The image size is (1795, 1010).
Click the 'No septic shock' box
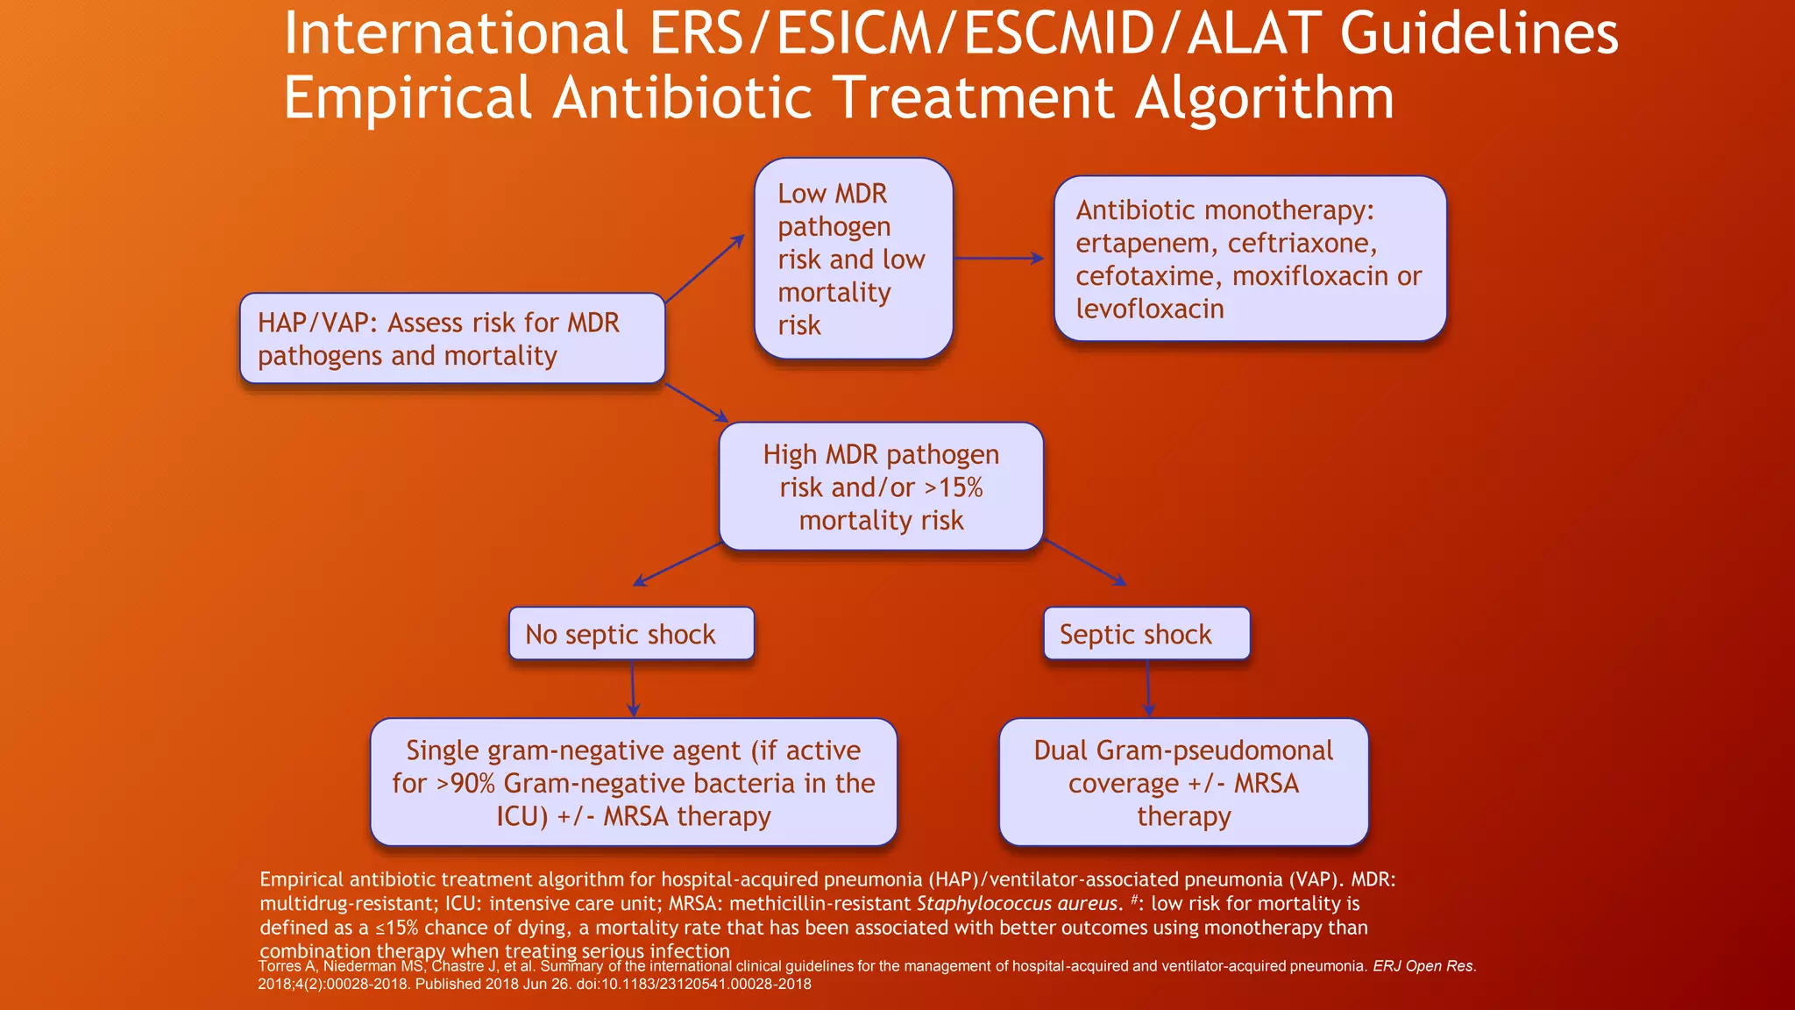(x=631, y=633)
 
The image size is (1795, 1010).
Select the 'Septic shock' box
(x=1146, y=633)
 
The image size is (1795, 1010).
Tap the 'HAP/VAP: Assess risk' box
(x=452, y=338)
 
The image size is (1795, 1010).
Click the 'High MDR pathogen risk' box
(x=881, y=487)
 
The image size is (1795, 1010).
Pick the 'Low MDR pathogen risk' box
(x=853, y=259)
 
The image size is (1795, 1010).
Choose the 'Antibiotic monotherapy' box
(x=1250, y=259)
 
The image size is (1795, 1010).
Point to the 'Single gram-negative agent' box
(x=634, y=782)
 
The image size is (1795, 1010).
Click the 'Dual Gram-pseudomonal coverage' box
(x=1183, y=782)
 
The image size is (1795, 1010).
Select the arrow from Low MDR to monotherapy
(x=999, y=259)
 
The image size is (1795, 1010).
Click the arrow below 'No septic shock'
(x=633, y=689)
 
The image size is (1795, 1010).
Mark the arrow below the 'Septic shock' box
(x=1148, y=689)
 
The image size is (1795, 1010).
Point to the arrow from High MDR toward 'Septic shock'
(x=1085, y=563)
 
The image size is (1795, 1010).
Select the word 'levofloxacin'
(x=1150, y=309)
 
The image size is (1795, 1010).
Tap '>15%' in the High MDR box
(x=954, y=487)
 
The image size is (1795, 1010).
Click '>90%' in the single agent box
(x=466, y=783)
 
